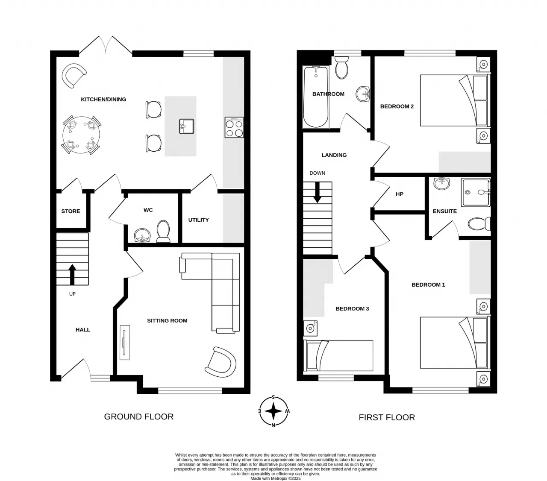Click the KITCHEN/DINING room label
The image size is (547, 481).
pyautogui.click(x=103, y=100)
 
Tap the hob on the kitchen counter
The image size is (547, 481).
pyautogui.click(x=234, y=127)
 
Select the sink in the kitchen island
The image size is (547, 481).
pyautogui.click(x=186, y=126)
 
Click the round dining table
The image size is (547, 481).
pyautogui.click(x=81, y=135)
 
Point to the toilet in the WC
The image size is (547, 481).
pyautogui.click(x=163, y=231)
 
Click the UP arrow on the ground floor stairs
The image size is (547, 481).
pyautogui.click(x=72, y=274)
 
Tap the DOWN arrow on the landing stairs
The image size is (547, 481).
pyautogui.click(x=317, y=192)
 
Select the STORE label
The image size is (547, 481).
pyautogui.click(x=71, y=211)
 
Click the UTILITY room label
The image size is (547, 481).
pyautogui.click(x=198, y=220)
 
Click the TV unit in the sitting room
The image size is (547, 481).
pyautogui.click(x=124, y=342)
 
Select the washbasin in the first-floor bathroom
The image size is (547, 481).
pyautogui.click(x=362, y=94)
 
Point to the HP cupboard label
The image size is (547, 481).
pyautogui.click(x=399, y=194)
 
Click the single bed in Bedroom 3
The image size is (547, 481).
pyautogui.click(x=338, y=355)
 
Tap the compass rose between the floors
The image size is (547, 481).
pyautogui.click(x=273, y=411)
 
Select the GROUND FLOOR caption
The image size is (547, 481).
pyautogui.click(x=139, y=417)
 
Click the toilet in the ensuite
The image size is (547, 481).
pyautogui.click(x=479, y=223)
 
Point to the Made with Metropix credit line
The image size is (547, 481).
pyautogui.click(x=275, y=478)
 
